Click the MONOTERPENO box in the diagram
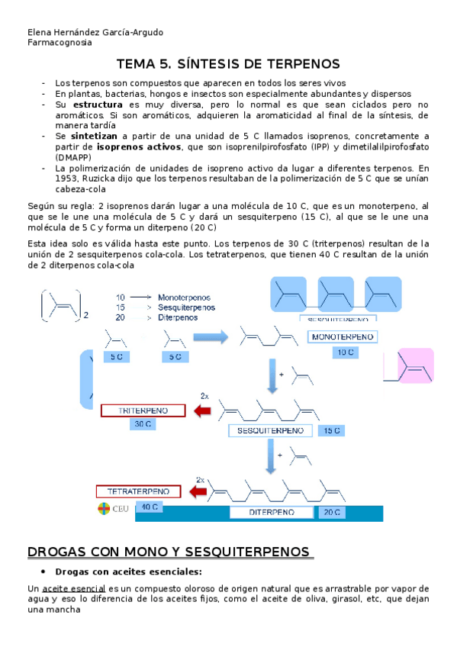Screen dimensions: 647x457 [343, 336]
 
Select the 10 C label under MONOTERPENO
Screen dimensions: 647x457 [345, 352]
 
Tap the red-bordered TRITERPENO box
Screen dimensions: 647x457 [143, 410]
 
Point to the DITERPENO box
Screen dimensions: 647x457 [271, 513]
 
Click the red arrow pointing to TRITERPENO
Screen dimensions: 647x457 [202, 412]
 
